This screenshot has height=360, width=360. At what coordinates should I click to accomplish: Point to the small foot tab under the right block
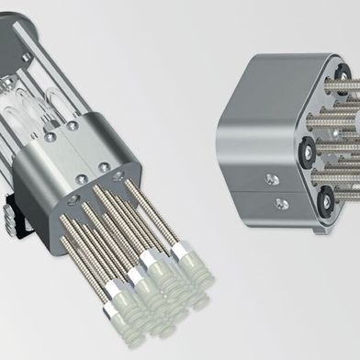(319, 227)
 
